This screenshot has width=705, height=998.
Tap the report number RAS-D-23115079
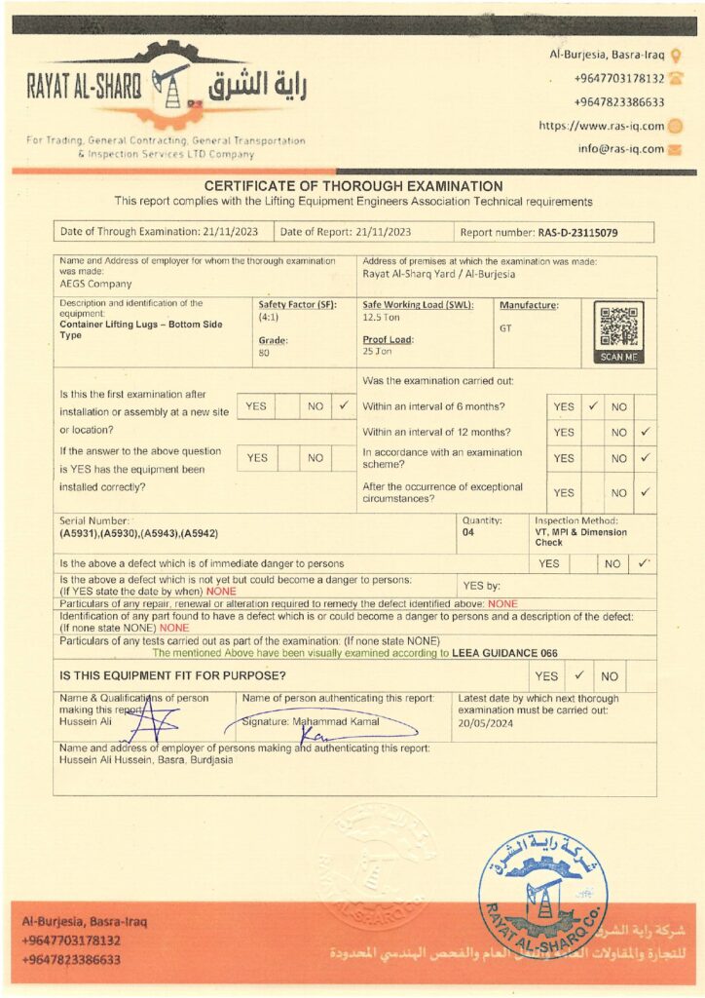(x=577, y=233)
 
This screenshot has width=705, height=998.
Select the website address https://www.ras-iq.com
(x=602, y=126)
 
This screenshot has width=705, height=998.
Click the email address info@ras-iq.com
(x=620, y=149)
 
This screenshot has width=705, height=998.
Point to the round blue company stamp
(x=542, y=895)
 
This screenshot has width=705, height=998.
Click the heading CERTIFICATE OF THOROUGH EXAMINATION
(x=352, y=186)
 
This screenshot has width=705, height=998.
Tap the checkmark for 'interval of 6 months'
(x=592, y=405)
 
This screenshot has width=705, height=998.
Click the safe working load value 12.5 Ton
(x=383, y=318)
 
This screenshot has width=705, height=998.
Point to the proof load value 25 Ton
(x=377, y=351)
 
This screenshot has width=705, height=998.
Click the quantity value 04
(x=468, y=532)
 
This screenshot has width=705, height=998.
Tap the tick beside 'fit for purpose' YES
(x=578, y=674)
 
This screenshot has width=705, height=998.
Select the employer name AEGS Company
(x=95, y=284)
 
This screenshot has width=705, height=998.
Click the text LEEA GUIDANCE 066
(x=505, y=653)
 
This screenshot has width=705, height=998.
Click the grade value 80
(x=263, y=352)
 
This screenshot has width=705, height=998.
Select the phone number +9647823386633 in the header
(x=619, y=102)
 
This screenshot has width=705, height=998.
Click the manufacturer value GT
(x=505, y=328)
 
